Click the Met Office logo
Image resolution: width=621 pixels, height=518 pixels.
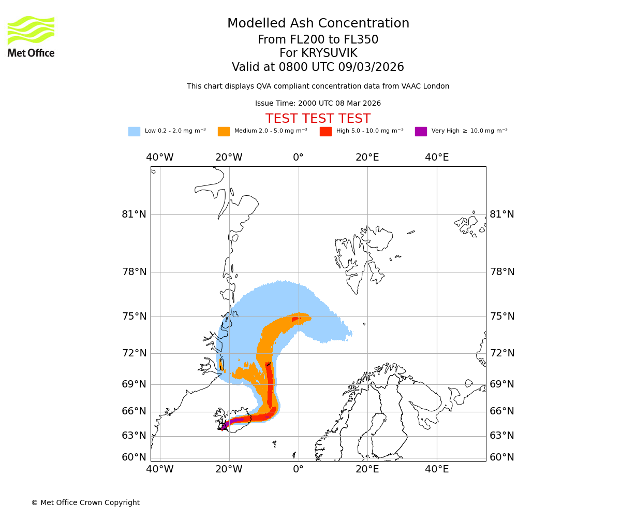tap(31, 36)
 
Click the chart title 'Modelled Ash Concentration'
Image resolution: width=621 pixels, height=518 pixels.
tap(318, 24)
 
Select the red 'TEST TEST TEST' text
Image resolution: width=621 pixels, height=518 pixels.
tap(318, 119)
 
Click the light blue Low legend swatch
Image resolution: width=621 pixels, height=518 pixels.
tap(134, 132)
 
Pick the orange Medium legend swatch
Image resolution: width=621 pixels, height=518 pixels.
tap(224, 132)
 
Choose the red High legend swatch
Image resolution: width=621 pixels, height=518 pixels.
tap(326, 132)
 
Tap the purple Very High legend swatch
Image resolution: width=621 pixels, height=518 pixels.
tap(421, 132)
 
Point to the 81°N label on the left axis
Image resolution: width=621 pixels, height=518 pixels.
tap(134, 214)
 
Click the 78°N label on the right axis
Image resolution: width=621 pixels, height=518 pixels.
tap(502, 272)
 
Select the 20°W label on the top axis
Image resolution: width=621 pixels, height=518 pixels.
tap(229, 157)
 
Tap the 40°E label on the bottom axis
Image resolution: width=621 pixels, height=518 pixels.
tap(437, 469)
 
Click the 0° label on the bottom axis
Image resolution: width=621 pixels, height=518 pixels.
tap(298, 469)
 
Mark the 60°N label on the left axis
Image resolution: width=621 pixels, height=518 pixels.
tap(134, 457)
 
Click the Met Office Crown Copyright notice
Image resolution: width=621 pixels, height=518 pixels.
tap(85, 502)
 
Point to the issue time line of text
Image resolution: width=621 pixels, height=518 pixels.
tap(318, 104)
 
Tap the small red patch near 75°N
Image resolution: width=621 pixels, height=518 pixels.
tap(295, 319)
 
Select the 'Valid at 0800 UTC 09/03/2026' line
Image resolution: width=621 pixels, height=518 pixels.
tap(318, 67)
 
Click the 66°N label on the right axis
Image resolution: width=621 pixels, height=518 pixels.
tap(502, 411)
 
